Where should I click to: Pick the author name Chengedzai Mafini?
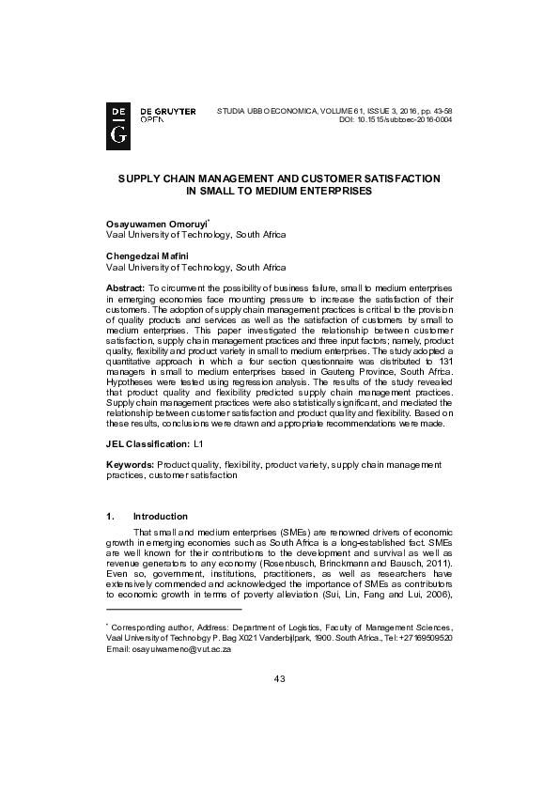[x=148, y=256]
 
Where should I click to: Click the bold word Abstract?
[x=124, y=286]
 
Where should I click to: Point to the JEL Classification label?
[x=147, y=441]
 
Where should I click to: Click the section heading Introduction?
[x=161, y=516]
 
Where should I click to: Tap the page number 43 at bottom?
[x=279, y=732]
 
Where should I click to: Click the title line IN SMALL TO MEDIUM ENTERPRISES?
[x=279, y=190]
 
